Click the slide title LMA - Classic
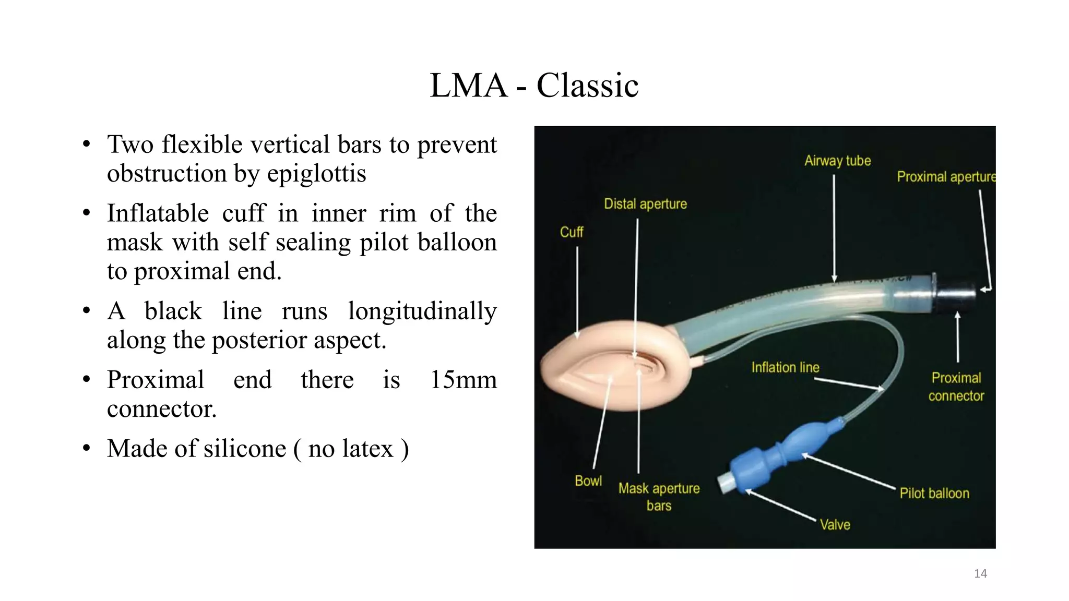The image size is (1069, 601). (x=534, y=85)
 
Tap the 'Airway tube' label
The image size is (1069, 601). (x=837, y=161)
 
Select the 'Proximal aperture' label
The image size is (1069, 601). (x=945, y=177)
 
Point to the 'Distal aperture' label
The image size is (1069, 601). (x=645, y=204)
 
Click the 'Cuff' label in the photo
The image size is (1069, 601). (x=572, y=232)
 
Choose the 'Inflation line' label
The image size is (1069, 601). (x=785, y=368)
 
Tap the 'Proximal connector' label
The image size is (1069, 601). (x=956, y=387)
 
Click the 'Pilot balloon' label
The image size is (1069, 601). (x=934, y=494)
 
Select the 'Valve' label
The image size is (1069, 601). (x=835, y=525)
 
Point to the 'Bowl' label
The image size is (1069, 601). (x=588, y=481)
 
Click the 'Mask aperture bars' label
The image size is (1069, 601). (x=659, y=497)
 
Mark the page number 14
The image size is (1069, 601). (x=980, y=574)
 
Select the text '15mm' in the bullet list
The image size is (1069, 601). (x=463, y=380)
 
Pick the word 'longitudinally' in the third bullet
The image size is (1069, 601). (x=422, y=311)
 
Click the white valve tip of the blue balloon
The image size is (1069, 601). (x=724, y=483)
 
